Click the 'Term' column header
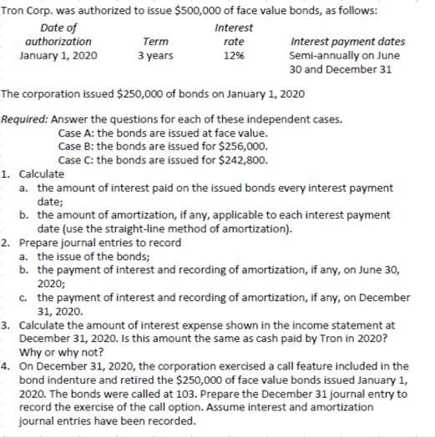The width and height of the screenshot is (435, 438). point(155,41)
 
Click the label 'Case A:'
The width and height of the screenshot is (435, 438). point(80,133)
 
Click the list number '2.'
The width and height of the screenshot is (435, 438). point(7,242)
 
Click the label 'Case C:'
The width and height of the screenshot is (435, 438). point(80,160)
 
